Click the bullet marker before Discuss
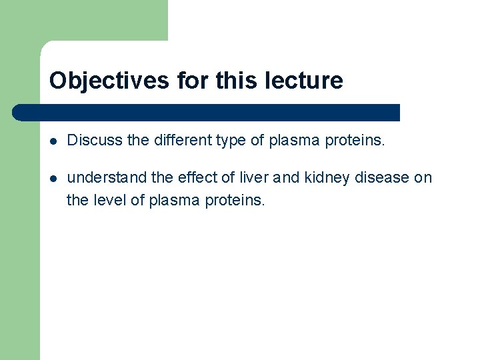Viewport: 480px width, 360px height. pos(53,141)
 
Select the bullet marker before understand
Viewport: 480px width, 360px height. pos(53,178)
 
